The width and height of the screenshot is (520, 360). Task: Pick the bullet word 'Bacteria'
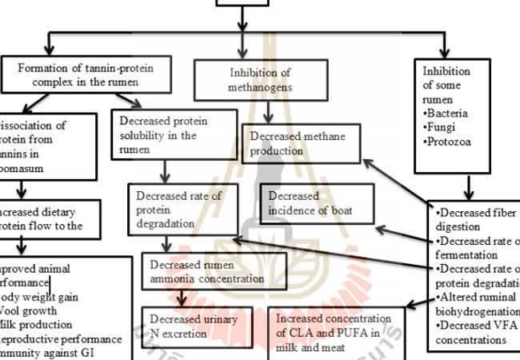(x=448, y=114)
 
